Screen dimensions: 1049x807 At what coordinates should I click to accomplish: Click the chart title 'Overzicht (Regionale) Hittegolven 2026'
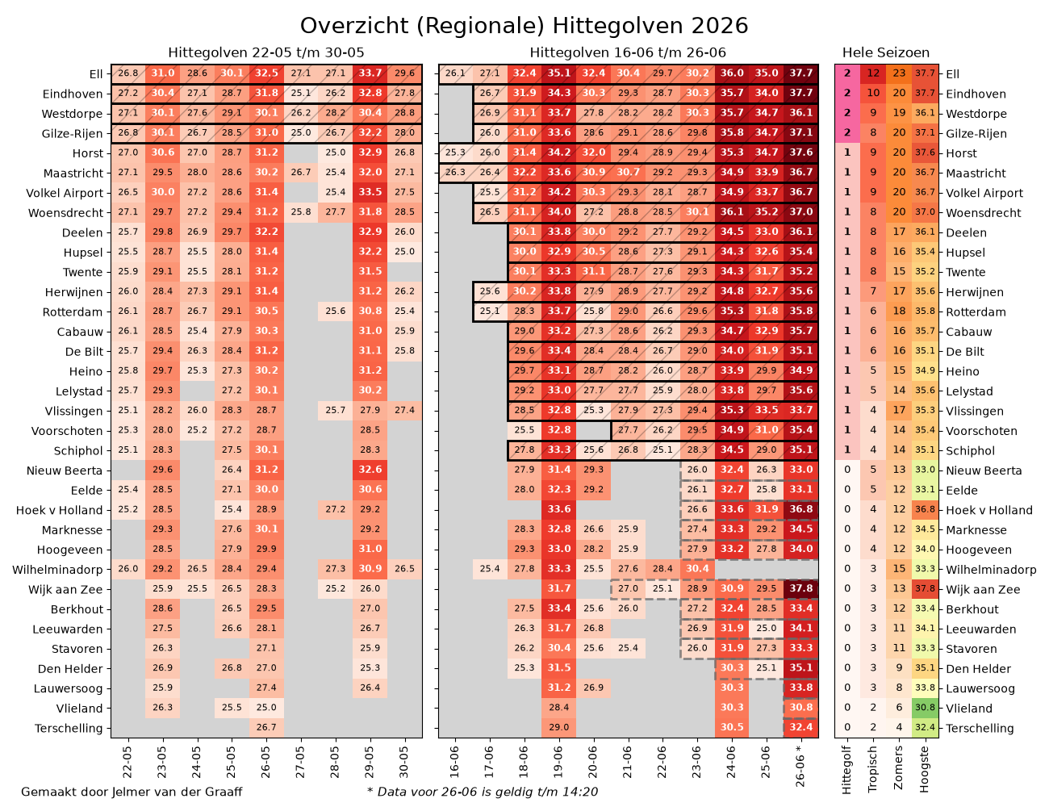(524, 26)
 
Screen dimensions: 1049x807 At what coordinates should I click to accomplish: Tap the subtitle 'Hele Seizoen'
(885, 52)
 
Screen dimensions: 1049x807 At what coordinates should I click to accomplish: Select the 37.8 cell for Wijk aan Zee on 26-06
(800, 588)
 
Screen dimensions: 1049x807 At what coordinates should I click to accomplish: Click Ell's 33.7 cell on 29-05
(370, 73)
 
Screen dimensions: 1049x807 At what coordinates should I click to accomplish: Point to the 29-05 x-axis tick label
(370, 762)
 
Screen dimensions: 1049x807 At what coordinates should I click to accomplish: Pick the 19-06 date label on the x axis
(558, 762)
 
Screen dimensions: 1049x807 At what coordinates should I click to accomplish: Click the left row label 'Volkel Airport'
(65, 193)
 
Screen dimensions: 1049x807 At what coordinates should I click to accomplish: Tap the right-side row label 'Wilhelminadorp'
(991, 570)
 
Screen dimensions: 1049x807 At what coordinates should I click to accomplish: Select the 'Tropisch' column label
(872, 769)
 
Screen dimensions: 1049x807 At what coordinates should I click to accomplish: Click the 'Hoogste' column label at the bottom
(924, 769)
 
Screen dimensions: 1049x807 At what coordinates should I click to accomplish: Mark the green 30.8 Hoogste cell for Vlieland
(925, 708)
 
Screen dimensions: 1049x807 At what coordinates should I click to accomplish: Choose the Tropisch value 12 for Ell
(873, 73)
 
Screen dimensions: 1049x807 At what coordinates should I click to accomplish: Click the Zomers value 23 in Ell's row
(899, 73)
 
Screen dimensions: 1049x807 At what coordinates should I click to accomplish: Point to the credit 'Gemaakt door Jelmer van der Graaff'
(132, 792)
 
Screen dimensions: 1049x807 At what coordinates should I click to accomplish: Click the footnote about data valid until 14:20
(483, 792)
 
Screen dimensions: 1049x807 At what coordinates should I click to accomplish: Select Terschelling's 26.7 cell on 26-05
(266, 727)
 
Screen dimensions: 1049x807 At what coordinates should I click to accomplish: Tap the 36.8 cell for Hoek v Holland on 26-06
(800, 509)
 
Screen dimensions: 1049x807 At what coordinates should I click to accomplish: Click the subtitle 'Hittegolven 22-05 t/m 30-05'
(266, 52)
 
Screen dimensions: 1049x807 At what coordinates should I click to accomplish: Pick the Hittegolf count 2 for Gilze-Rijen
(847, 132)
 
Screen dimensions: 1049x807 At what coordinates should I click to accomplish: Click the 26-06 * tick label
(800, 766)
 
